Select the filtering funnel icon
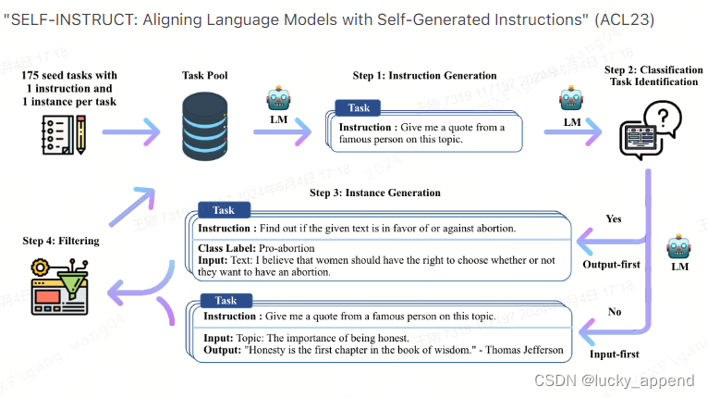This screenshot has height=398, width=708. pos(58,286)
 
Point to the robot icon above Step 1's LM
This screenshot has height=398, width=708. pos(278,98)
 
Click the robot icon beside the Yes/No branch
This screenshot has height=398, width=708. pos(680,248)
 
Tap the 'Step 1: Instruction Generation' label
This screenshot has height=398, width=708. pos(424,75)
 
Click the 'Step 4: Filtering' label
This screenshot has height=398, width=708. pos(60,241)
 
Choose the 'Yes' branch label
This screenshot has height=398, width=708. pos(613,219)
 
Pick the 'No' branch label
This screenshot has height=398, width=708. pos(614,312)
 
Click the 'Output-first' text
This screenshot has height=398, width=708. pos(611,265)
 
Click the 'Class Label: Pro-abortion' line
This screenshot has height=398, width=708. pos(256,248)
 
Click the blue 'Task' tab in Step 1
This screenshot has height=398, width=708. pos(358,108)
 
